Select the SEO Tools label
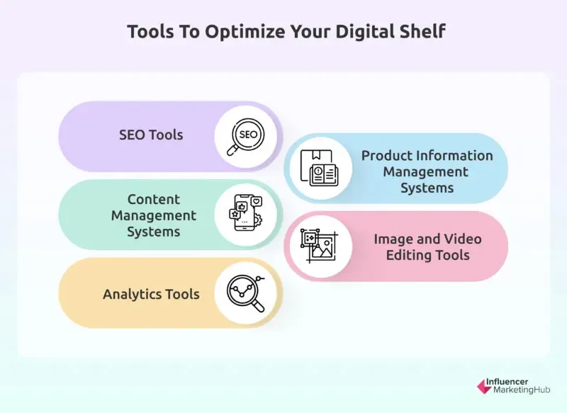coord(150,135)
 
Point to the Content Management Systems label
coord(154,215)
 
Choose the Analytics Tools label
coord(151,293)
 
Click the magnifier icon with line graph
coord(246,293)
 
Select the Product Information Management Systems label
coord(427,171)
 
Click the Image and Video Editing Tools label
coord(427,247)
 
